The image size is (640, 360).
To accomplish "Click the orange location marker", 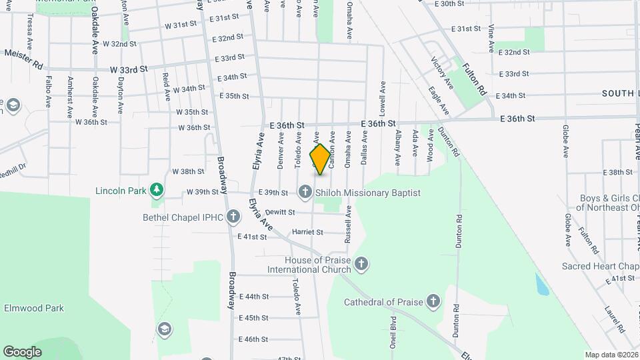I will point(320,159).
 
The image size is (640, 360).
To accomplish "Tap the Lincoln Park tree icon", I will point(157,191).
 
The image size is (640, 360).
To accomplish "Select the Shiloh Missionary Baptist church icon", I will point(305,193).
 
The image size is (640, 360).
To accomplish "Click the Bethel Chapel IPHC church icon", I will point(233,216).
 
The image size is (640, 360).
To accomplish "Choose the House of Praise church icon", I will point(361,264).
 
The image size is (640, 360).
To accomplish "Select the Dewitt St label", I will point(279,212).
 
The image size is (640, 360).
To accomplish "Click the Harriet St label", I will point(307,233).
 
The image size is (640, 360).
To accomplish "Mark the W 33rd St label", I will point(129,69).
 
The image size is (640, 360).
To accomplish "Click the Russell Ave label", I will point(348,224).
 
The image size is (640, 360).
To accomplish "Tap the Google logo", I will point(22,351).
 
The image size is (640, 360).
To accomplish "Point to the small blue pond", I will point(542,284).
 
